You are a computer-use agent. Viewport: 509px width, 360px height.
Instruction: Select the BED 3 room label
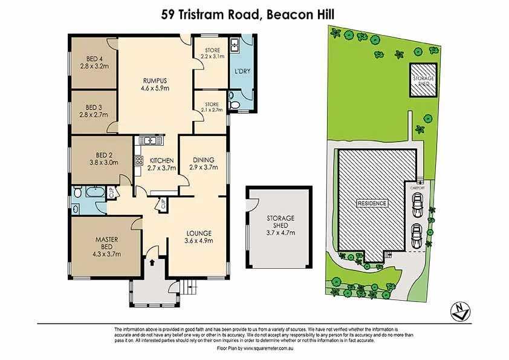92,104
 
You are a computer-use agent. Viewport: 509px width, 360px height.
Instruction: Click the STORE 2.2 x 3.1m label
212,53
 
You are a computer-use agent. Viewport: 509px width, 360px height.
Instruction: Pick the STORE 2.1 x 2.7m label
212,107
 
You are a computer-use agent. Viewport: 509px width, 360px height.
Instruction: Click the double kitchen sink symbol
149,141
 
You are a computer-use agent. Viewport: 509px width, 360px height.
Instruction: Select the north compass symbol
461,310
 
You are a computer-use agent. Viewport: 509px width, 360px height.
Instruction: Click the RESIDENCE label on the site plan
371,203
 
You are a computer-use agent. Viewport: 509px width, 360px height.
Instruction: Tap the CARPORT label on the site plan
418,188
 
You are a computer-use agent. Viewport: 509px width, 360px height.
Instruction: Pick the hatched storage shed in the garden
424,80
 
